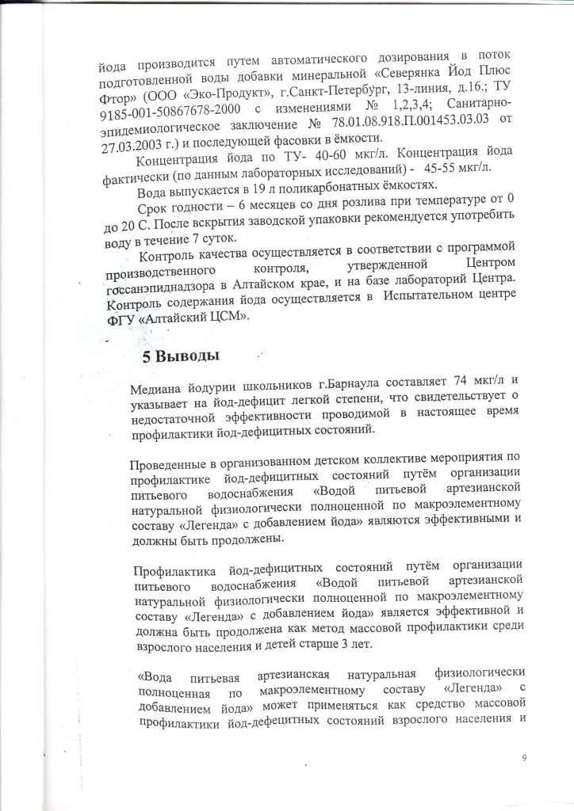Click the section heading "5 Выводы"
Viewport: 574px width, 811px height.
pos(180,356)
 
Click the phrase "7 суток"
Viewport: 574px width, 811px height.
pos(220,240)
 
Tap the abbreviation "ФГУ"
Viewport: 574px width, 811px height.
pos(122,318)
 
